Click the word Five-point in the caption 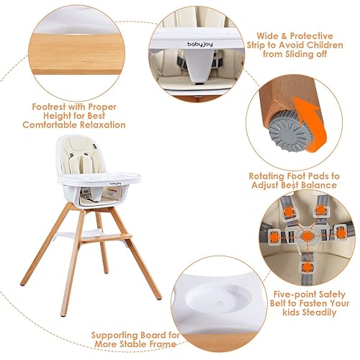[295, 294]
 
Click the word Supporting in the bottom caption [117, 334]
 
